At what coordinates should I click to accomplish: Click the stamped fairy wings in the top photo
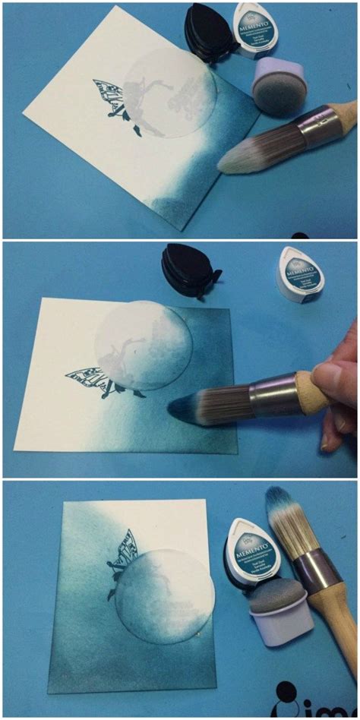click(111, 99)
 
